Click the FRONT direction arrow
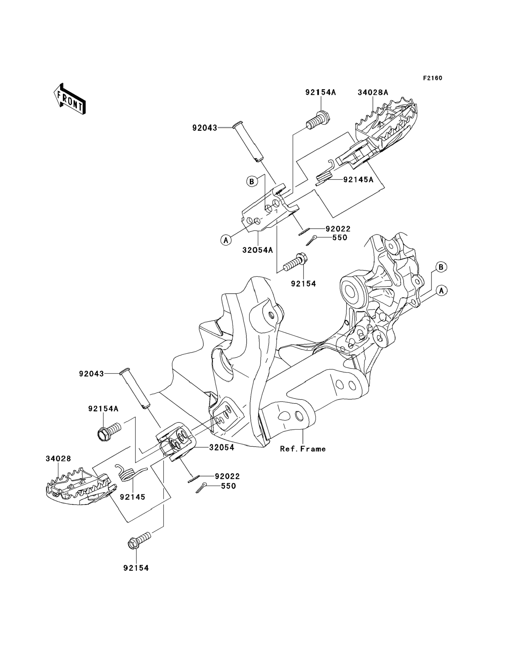pyautogui.click(x=69, y=99)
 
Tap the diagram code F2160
pyautogui.click(x=433, y=78)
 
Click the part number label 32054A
pyautogui.click(x=257, y=250)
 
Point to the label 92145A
pyautogui.click(x=358, y=180)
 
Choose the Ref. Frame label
pyautogui.click(x=303, y=449)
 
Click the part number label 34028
pyautogui.click(x=59, y=459)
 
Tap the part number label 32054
pyautogui.click(x=222, y=448)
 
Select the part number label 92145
pyautogui.click(x=132, y=497)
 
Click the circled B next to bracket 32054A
pyautogui.click(x=252, y=181)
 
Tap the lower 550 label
pyautogui.click(x=228, y=486)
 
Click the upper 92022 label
pyautogui.click(x=338, y=229)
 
